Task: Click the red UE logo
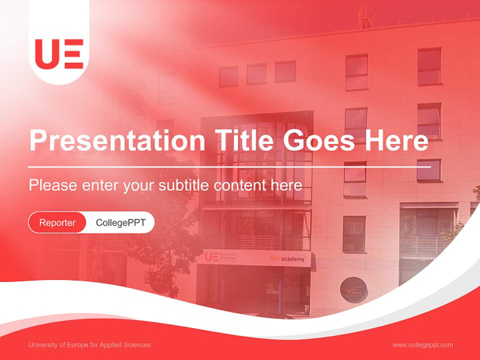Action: [59, 53]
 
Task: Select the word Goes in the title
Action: [319, 140]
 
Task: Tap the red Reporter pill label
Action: [57, 222]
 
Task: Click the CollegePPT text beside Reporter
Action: [120, 222]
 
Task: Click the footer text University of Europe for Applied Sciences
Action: [89, 345]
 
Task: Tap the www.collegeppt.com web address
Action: [422, 345]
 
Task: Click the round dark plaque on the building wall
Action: [353, 289]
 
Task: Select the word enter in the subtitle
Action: [100, 185]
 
